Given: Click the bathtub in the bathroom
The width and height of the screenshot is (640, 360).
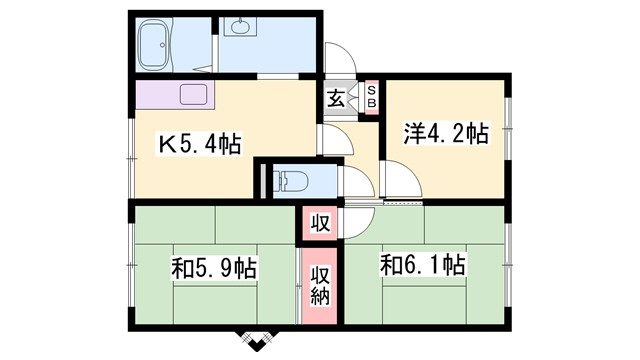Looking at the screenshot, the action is pyautogui.click(x=154, y=45).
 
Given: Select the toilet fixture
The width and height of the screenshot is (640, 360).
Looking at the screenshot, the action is pyautogui.click(x=289, y=180).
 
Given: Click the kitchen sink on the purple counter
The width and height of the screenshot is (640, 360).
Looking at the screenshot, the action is pyautogui.click(x=194, y=95).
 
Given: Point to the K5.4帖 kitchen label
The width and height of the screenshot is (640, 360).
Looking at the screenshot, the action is pyautogui.click(x=199, y=144).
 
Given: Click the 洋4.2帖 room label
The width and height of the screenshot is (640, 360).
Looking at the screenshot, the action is pyautogui.click(x=446, y=133).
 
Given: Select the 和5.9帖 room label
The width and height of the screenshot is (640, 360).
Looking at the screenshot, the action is pyautogui.click(x=214, y=268).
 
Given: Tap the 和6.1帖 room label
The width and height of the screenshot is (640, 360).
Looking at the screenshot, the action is pyautogui.click(x=423, y=264).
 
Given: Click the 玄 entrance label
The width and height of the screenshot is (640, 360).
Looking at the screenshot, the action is pyautogui.click(x=336, y=99).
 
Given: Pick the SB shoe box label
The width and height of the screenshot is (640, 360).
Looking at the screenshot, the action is pyautogui.click(x=371, y=96).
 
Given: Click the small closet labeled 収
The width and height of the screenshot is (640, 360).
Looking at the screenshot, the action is pyautogui.click(x=320, y=223).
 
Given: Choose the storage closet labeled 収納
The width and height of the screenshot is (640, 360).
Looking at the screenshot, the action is pyautogui.click(x=320, y=286).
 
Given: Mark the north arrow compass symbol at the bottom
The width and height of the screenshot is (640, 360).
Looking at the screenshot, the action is pyautogui.click(x=257, y=341).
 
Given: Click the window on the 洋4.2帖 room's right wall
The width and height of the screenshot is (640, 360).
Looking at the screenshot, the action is pyautogui.click(x=508, y=129).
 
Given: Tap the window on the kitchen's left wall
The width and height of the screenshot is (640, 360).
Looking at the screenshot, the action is pyautogui.click(x=131, y=158).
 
